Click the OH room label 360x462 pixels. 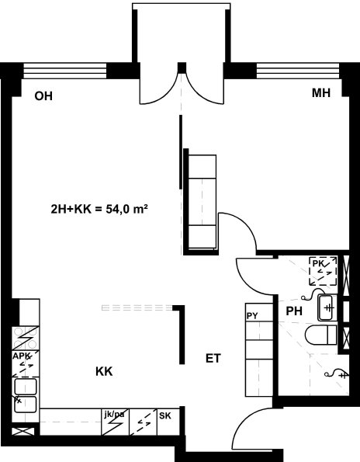(43, 96)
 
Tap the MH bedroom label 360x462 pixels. (321, 93)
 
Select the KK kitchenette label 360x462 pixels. (104, 372)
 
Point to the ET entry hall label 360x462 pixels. (213, 358)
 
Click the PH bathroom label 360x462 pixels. (294, 311)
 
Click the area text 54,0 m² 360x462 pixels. (126, 209)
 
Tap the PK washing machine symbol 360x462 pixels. (323, 271)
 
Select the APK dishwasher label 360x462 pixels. (22, 356)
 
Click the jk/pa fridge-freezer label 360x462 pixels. (114, 415)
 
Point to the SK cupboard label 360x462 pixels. (164, 415)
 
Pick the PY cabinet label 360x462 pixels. (252, 316)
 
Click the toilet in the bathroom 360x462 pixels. (321, 335)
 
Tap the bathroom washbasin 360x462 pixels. (327, 307)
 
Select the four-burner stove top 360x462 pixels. (26, 338)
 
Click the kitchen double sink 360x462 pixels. (26, 395)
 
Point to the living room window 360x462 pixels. (64, 71)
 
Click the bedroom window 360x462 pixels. (298, 71)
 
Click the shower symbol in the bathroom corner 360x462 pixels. (337, 373)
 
